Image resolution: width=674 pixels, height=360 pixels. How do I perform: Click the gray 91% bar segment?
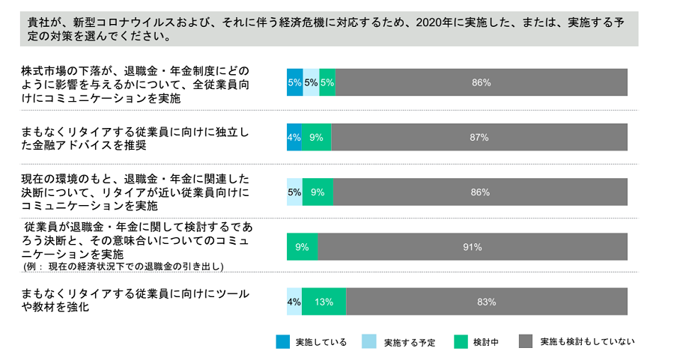coord(472,247)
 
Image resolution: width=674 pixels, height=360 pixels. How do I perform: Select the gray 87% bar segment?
coord(479,138)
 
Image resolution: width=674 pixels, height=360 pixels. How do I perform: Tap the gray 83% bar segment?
coord(486,302)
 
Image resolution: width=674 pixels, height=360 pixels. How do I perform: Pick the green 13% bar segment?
coord(324,302)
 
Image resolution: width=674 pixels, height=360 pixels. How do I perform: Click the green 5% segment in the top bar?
coord(327,83)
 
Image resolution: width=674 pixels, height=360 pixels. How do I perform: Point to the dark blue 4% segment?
coord(294,138)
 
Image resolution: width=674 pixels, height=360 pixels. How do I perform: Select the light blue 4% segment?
coord(294,302)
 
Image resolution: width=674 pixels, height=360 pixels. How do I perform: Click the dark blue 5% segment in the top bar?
coord(294,83)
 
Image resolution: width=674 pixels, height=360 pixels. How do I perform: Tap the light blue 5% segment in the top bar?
coord(311,83)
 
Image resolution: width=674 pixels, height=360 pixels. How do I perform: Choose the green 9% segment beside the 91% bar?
coord(302,247)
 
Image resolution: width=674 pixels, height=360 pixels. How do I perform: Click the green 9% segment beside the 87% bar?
coord(316,138)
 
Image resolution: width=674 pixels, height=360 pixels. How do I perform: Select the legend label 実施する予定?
coord(410,342)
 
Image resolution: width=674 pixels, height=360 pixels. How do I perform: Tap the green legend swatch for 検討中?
coord(461,341)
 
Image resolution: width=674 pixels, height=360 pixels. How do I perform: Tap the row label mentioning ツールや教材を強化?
coord(135,300)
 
